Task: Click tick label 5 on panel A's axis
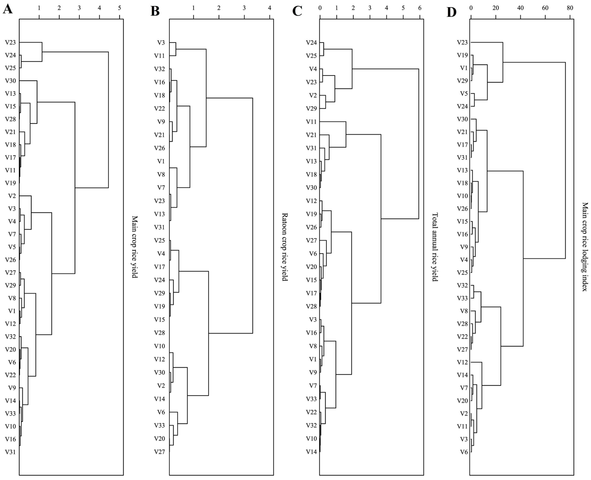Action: (119, 8)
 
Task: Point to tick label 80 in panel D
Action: (570, 8)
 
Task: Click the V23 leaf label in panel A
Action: (10, 43)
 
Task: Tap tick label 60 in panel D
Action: (545, 8)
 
